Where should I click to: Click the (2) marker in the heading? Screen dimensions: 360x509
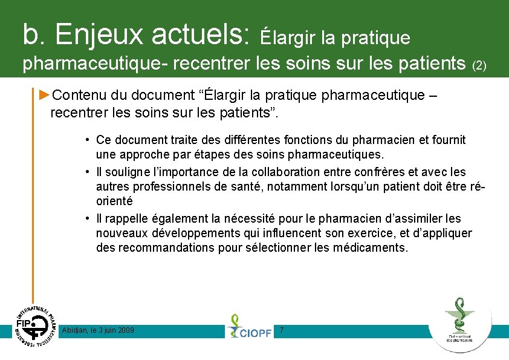[x=479, y=65]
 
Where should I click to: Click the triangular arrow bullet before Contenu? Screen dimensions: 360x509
[x=44, y=94]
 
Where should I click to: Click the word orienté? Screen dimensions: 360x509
[x=114, y=200]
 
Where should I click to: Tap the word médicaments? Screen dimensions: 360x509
[x=370, y=247]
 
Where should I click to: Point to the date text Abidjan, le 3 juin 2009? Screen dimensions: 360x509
[x=99, y=330]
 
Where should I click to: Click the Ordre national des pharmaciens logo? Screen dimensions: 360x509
[x=459, y=323]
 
